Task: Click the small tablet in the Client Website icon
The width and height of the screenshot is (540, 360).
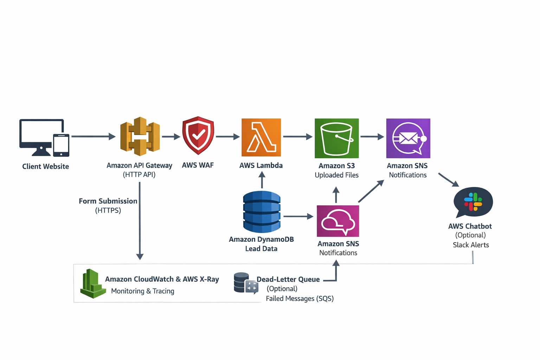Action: pos(61,145)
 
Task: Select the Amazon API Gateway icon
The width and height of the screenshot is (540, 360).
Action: pos(140,136)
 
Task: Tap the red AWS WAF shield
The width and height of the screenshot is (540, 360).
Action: pos(198,135)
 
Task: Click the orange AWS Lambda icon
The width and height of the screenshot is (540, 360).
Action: pos(261,137)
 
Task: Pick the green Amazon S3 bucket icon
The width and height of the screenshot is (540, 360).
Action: pos(337,138)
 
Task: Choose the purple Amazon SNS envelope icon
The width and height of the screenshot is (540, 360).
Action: pos(408,138)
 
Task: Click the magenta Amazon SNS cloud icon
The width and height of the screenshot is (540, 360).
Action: pos(338,221)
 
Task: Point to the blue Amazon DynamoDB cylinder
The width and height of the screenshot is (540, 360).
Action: pos(262,212)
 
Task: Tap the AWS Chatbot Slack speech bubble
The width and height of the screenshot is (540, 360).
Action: pos(473,202)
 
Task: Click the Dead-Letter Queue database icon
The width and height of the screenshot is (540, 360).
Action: pos(246,283)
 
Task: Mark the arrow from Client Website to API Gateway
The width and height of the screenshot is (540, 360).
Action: pos(93,136)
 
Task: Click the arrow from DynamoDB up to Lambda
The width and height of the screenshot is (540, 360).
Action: pos(262,180)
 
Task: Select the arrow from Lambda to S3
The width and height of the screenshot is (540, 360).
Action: pos(297,136)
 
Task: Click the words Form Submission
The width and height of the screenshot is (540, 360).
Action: pos(108,201)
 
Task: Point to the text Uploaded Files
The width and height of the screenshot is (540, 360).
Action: pos(336,175)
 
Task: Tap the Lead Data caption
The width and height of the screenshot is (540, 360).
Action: pos(261,249)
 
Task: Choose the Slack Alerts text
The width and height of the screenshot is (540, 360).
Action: pos(471,245)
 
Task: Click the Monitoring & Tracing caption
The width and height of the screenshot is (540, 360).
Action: pos(142,291)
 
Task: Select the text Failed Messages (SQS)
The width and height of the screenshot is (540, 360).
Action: pos(300,298)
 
